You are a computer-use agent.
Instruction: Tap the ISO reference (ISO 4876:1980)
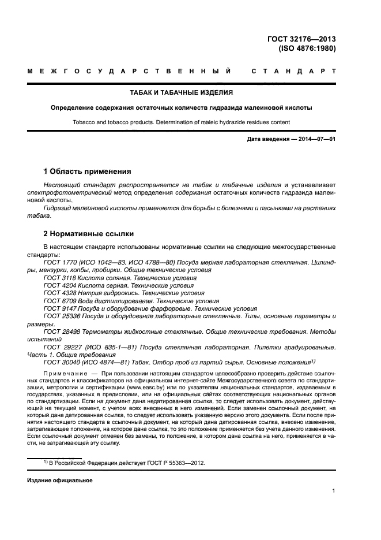click(x=307, y=49)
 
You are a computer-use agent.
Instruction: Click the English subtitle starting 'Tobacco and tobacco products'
click(x=182, y=122)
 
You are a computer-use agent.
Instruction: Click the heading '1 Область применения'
click(x=87, y=172)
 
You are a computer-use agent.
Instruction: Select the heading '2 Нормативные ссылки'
click(x=89, y=234)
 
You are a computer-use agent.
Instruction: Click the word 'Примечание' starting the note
click(x=63, y=374)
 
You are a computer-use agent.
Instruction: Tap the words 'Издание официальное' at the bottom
click(x=60, y=480)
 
